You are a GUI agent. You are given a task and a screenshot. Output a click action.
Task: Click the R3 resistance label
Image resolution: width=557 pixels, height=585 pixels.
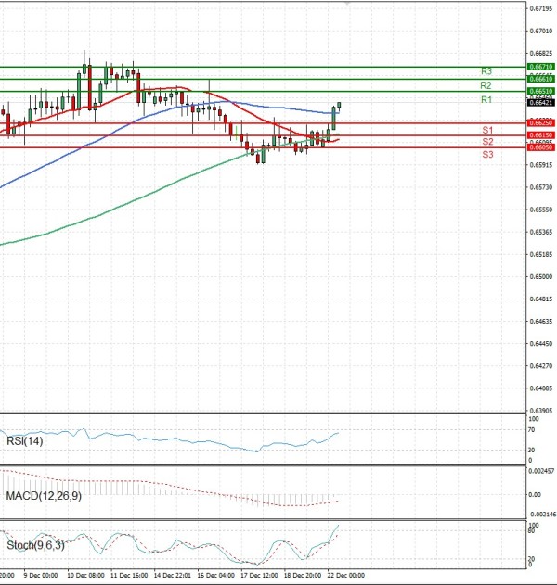486,71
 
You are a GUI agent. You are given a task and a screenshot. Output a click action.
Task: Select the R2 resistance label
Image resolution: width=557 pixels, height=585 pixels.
486,85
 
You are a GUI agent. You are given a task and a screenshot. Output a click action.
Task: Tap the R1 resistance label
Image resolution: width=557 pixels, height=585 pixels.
486,99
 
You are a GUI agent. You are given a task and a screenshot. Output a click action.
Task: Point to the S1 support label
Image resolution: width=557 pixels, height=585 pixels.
486,130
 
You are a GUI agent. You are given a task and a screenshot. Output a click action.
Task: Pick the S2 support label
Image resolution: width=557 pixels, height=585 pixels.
486,142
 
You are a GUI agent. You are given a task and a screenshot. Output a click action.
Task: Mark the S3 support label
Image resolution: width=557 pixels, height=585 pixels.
486,155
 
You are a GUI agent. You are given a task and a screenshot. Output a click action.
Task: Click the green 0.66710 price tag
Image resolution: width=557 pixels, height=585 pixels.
541,68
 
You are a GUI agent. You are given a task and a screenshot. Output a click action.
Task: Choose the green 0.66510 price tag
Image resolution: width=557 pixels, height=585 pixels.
541,91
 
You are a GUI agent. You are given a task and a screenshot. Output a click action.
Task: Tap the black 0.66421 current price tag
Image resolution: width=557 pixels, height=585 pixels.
541,103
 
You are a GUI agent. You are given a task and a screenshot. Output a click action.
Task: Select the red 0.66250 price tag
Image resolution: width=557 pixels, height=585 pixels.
541,122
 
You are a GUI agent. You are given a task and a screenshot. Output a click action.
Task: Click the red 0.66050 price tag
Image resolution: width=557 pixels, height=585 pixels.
541,147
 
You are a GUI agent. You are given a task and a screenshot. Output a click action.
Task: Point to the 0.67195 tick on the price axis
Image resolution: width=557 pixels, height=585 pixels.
541,8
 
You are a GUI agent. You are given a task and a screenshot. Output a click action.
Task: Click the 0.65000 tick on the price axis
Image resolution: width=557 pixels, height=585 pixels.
541,276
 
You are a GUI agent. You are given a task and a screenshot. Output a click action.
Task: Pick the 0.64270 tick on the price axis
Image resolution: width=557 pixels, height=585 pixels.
541,365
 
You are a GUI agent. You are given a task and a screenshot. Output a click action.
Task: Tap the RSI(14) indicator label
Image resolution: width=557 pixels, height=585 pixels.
25,440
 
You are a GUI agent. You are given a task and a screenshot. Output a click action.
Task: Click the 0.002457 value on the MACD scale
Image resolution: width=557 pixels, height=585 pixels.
541,472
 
